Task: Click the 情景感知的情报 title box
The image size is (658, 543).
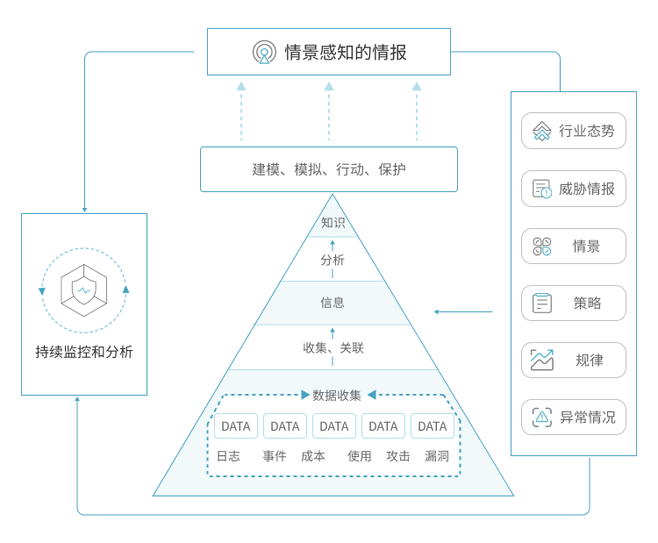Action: pyautogui.click(x=329, y=52)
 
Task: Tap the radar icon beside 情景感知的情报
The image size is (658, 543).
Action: pyautogui.click(x=264, y=53)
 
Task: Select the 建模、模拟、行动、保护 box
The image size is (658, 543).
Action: pyautogui.click(x=329, y=169)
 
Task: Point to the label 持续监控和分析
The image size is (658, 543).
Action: pyautogui.click(x=84, y=352)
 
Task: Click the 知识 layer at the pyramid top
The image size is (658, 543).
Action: pyautogui.click(x=333, y=223)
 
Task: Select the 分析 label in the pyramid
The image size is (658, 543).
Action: pyautogui.click(x=333, y=260)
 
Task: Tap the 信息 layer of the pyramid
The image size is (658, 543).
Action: pyautogui.click(x=333, y=303)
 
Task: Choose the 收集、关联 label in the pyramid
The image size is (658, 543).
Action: pyautogui.click(x=333, y=347)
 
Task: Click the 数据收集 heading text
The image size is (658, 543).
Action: pyautogui.click(x=337, y=395)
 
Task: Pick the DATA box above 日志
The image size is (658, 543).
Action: pyautogui.click(x=236, y=426)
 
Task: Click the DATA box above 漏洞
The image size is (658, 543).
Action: pyautogui.click(x=433, y=426)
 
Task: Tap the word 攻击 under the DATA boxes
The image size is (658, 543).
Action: pyautogui.click(x=398, y=456)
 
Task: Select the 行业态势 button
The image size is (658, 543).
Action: pyautogui.click(x=574, y=131)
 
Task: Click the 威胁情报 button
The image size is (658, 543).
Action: pyautogui.click(x=574, y=189)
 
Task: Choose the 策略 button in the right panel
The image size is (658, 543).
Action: pyautogui.click(x=574, y=303)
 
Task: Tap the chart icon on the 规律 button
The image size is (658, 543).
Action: pyautogui.click(x=542, y=360)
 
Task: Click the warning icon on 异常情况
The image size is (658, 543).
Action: pyautogui.click(x=542, y=417)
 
